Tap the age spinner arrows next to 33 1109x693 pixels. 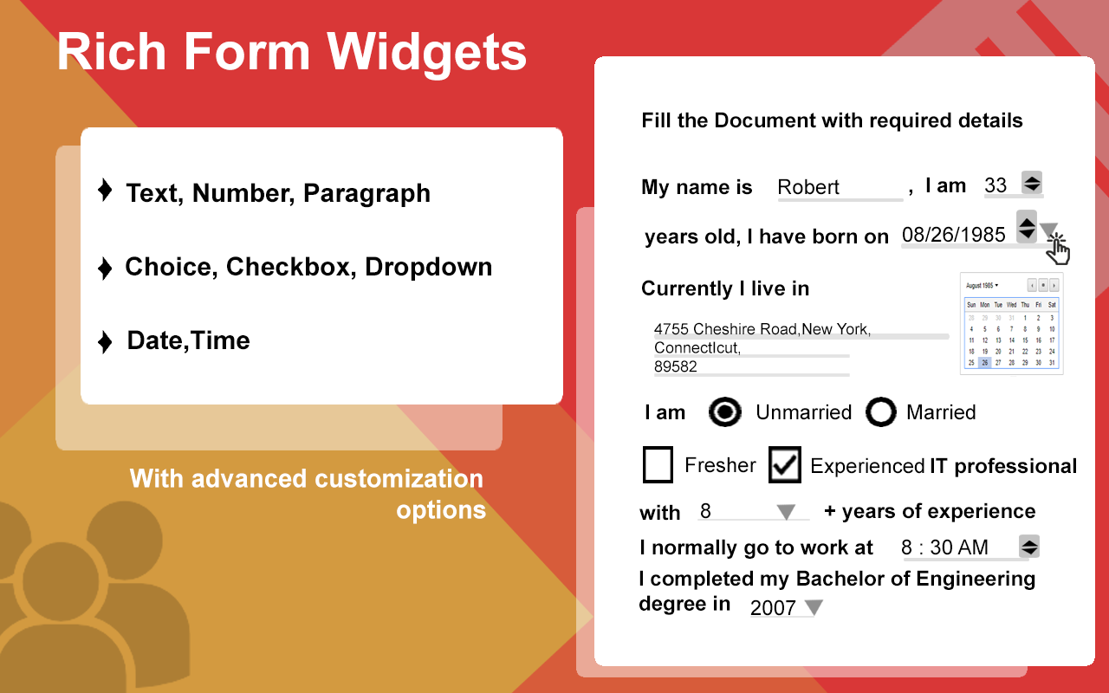(1032, 184)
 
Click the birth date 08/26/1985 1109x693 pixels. (953, 235)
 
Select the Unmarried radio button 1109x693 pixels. (724, 412)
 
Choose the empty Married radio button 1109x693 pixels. (880, 412)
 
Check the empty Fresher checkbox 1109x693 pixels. (658, 465)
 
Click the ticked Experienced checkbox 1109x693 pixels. (785, 465)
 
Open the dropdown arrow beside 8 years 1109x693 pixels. (786, 512)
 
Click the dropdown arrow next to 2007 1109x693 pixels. (814, 607)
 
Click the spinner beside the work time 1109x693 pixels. (1029, 547)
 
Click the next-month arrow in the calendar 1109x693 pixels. (1054, 285)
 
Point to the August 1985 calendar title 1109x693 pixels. (982, 285)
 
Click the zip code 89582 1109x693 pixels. (676, 366)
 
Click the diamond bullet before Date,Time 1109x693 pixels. (105, 341)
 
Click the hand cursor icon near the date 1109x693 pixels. (1058, 250)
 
